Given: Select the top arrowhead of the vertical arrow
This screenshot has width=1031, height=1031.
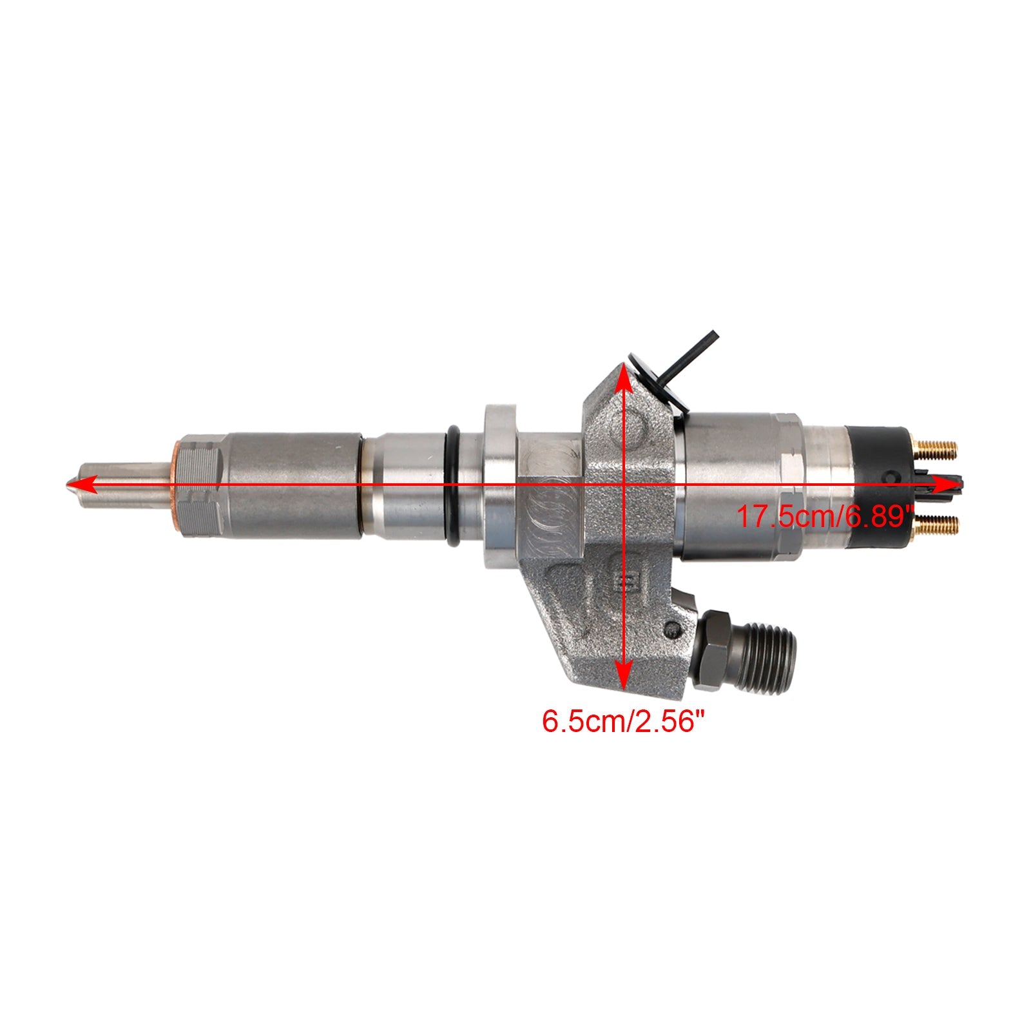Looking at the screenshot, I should tap(622, 377).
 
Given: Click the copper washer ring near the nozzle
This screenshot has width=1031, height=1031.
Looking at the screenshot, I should tap(177, 487).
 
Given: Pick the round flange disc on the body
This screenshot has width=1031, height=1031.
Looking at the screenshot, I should tap(500, 487).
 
